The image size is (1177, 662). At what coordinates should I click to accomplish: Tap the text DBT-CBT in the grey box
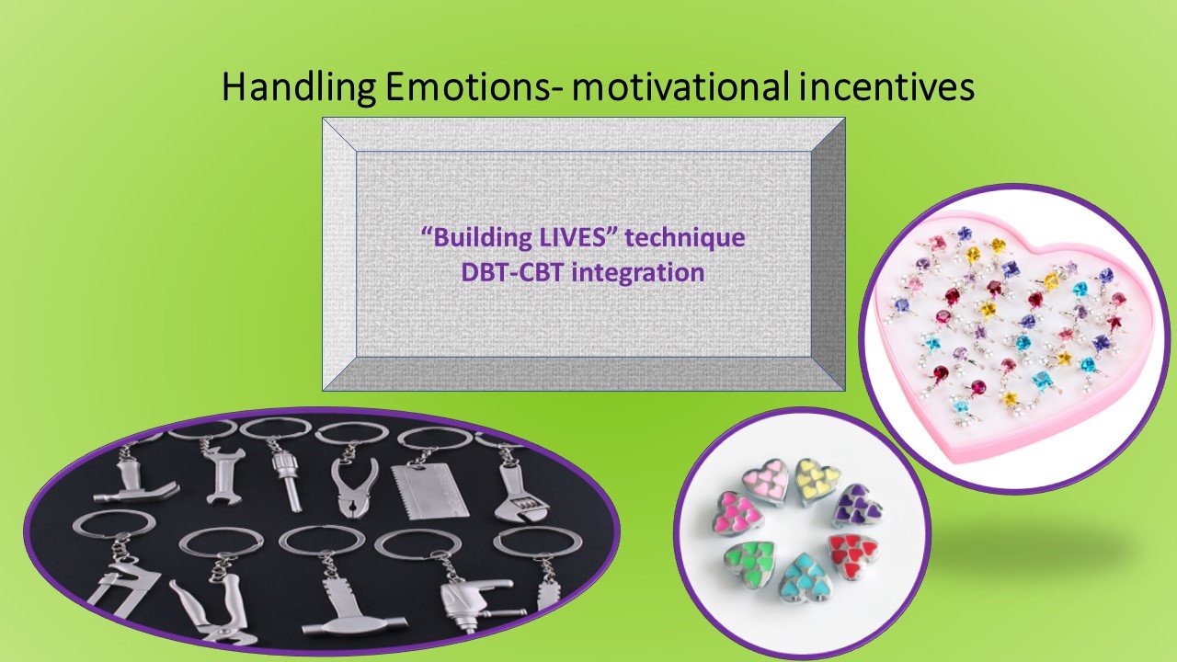(511, 273)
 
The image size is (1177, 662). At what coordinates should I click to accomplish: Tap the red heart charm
(852, 556)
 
